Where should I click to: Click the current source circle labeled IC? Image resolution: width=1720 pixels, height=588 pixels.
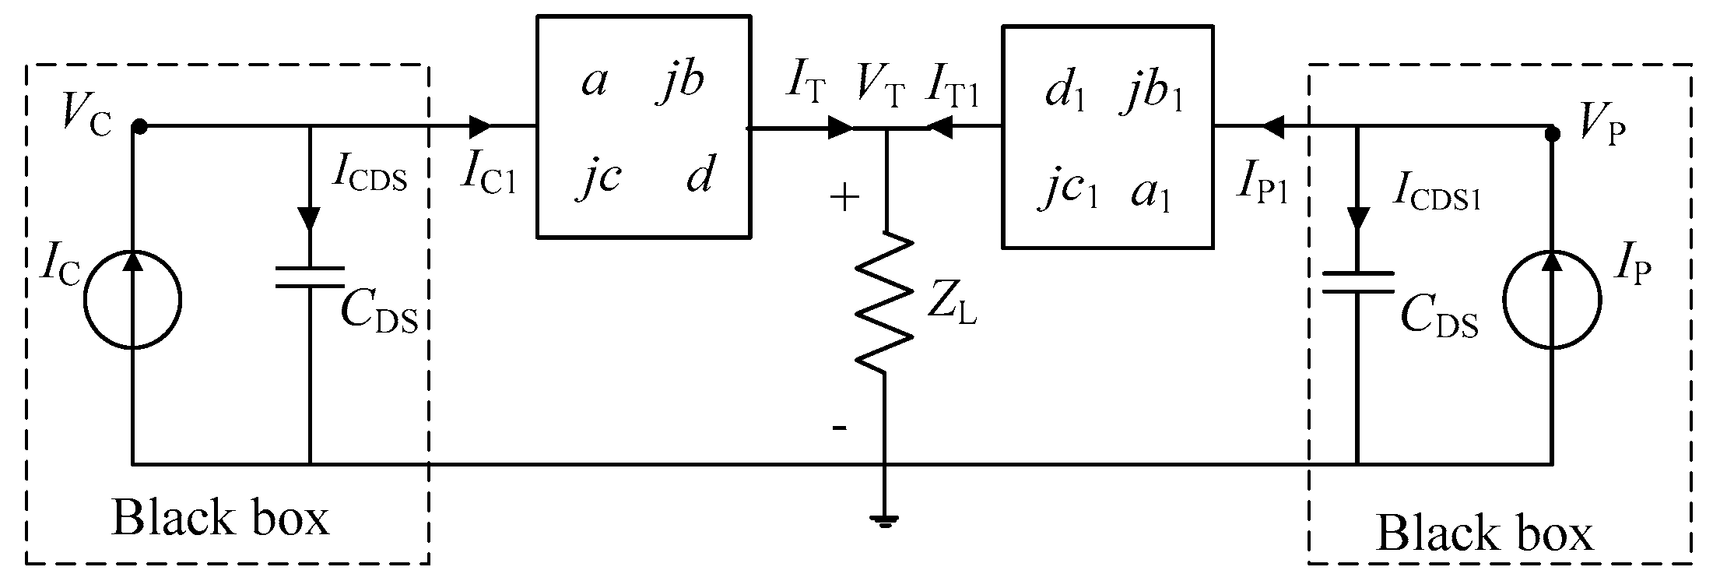(x=133, y=300)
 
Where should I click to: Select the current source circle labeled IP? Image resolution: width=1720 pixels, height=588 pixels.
(x=1551, y=300)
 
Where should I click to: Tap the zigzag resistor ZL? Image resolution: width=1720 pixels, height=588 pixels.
(x=885, y=300)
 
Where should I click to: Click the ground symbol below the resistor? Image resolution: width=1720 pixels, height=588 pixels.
(x=885, y=520)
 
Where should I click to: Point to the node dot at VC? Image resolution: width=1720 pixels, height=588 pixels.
(x=139, y=125)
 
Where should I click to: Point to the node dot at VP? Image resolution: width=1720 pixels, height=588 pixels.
(x=1551, y=133)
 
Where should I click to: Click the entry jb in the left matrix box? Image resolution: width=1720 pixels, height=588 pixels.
(x=679, y=80)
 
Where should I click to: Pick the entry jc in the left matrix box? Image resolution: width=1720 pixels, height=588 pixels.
(x=598, y=177)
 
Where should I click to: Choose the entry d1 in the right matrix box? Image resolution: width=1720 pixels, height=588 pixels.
(x=1064, y=94)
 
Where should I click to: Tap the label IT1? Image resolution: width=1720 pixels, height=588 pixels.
(x=953, y=86)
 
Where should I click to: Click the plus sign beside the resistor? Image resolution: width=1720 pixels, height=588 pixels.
(x=844, y=198)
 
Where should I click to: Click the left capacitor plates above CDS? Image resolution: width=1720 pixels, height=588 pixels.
(x=310, y=277)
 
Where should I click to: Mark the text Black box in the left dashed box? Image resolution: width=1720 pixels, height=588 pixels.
(x=220, y=519)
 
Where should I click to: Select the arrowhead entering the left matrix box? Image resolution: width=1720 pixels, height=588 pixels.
(x=479, y=125)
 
